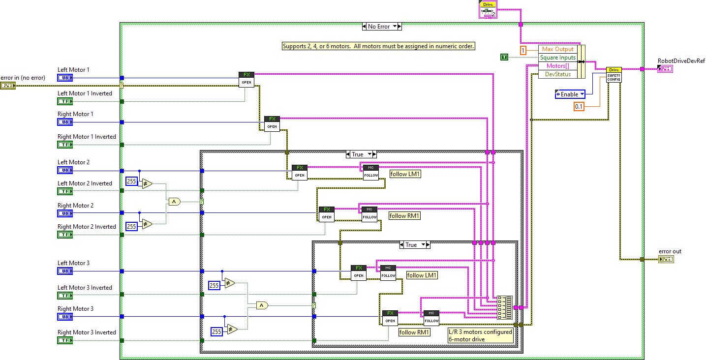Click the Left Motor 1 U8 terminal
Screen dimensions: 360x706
(x=65, y=78)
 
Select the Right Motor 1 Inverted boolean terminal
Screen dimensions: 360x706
(x=65, y=145)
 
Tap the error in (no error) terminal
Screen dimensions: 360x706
(x=8, y=86)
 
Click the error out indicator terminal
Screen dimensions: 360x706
(x=666, y=259)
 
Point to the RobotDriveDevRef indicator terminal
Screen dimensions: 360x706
(x=665, y=69)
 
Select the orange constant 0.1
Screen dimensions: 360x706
(x=579, y=106)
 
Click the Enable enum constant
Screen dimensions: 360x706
(x=570, y=94)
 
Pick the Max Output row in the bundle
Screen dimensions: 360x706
(x=557, y=49)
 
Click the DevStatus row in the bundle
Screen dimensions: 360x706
(x=557, y=74)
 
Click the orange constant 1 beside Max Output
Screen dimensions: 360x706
(x=523, y=50)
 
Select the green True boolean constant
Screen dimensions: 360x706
(x=504, y=58)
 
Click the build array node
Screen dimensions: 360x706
(x=504, y=307)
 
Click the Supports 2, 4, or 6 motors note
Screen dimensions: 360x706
(x=378, y=46)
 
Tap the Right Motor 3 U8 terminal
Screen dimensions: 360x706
(x=65, y=317)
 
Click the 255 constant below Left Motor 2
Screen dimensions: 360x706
(x=132, y=181)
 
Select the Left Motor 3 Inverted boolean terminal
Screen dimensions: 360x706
(x=65, y=296)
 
